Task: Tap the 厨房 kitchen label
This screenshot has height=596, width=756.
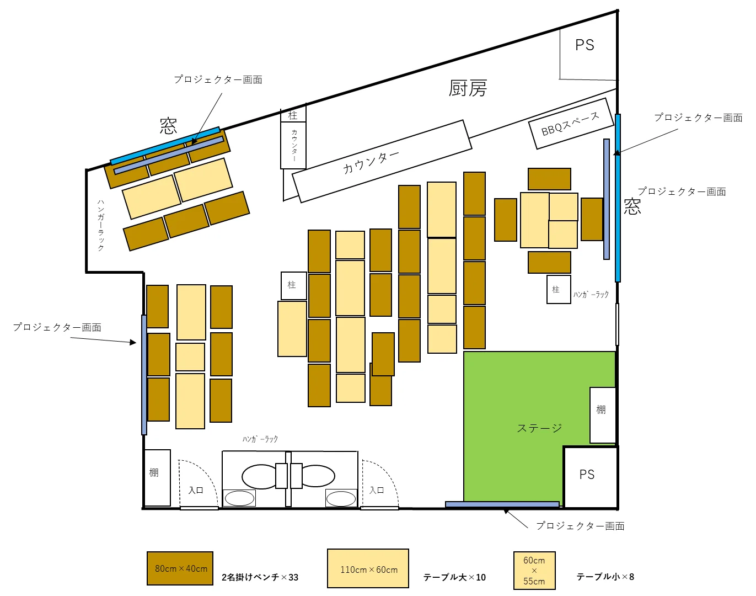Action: [x=468, y=88]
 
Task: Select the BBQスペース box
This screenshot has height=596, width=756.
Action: [x=571, y=124]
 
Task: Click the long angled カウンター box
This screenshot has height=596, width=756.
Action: [x=382, y=161]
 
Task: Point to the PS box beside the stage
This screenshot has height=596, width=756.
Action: [x=590, y=477]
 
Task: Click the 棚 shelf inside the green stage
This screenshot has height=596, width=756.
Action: [x=603, y=415]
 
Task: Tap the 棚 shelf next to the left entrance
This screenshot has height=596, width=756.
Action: [x=157, y=477]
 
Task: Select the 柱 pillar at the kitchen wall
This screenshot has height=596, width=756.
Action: [x=293, y=115]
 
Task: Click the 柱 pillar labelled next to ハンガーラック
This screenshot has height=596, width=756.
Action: [x=559, y=289]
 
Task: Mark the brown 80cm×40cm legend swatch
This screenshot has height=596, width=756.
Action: [x=180, y=568]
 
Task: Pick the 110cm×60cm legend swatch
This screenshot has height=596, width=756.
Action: [x=368, y=568]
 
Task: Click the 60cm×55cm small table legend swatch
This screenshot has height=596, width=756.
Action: [x=534, y=570]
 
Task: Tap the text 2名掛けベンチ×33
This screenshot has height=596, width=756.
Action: [x=260, y=577]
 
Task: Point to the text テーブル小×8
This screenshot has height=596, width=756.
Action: [x=605, y=576]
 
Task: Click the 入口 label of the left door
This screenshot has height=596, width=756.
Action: [x=196, y=490]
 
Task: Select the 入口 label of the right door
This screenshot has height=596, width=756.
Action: [x=377, y=490]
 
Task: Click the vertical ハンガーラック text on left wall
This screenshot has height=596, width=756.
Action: [x=101, y=225]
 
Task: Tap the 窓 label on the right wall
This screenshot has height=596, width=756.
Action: [x=632, y=206]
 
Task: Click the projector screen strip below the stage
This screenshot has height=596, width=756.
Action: [x=502, y=504]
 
